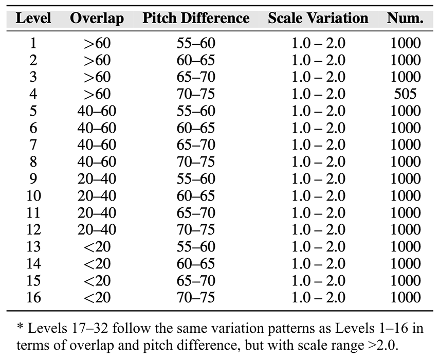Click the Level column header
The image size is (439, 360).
coord(33,19)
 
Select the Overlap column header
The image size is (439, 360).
coord(97,19)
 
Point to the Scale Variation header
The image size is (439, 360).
coord(318,19)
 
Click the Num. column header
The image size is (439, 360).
coord(406,19)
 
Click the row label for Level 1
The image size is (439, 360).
coord(33,43)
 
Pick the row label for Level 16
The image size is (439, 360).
coord(33,297)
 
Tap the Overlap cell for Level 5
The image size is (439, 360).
coord(97,111)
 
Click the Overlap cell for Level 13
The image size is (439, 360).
coord(97,247)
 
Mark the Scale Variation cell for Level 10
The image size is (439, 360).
coord(318,196)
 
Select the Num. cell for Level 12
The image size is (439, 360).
coord(406,230)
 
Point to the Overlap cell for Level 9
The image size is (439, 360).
coord(97,179)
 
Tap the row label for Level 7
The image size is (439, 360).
coord(33,145)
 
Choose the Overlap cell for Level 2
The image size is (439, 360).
coord(97,60)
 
